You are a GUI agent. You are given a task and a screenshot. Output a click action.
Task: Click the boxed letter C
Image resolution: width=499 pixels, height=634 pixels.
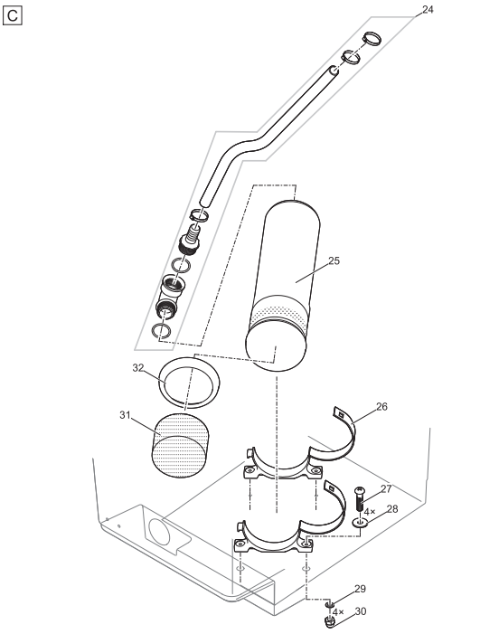[13, 15]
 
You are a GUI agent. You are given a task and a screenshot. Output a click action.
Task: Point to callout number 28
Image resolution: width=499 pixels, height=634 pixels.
[391, 508]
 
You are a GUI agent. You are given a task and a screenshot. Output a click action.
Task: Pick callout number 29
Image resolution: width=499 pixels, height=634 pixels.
[360, 589]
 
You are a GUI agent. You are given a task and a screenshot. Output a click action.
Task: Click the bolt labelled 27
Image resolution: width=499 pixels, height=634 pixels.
[361, 497]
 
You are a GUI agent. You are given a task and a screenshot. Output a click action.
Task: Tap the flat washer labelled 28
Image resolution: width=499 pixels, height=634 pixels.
[360, 522]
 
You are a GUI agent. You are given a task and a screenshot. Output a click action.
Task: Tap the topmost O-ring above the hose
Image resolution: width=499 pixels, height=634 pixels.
[372, 39]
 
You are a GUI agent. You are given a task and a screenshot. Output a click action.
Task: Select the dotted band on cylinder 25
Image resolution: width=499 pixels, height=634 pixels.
[280, 314]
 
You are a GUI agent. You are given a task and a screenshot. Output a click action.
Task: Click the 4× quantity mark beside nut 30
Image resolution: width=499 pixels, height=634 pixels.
[338, 611]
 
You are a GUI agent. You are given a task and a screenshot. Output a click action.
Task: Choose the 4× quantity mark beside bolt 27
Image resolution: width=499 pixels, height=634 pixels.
[370, 512]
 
